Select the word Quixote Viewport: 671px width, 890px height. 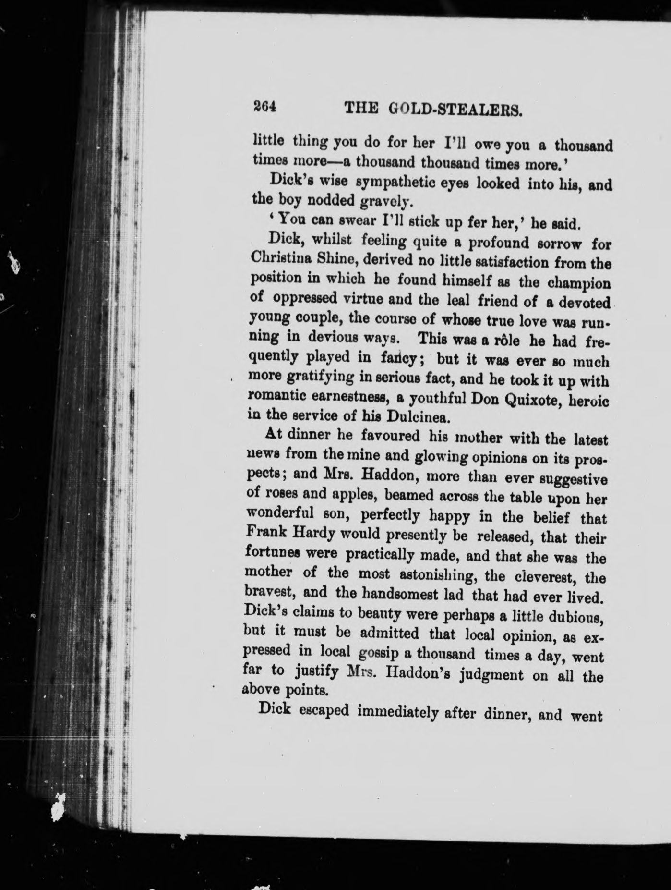click(530, 400)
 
